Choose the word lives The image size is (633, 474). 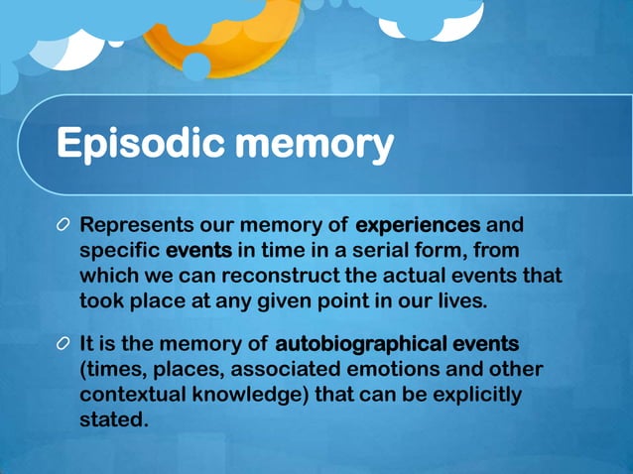460,300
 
